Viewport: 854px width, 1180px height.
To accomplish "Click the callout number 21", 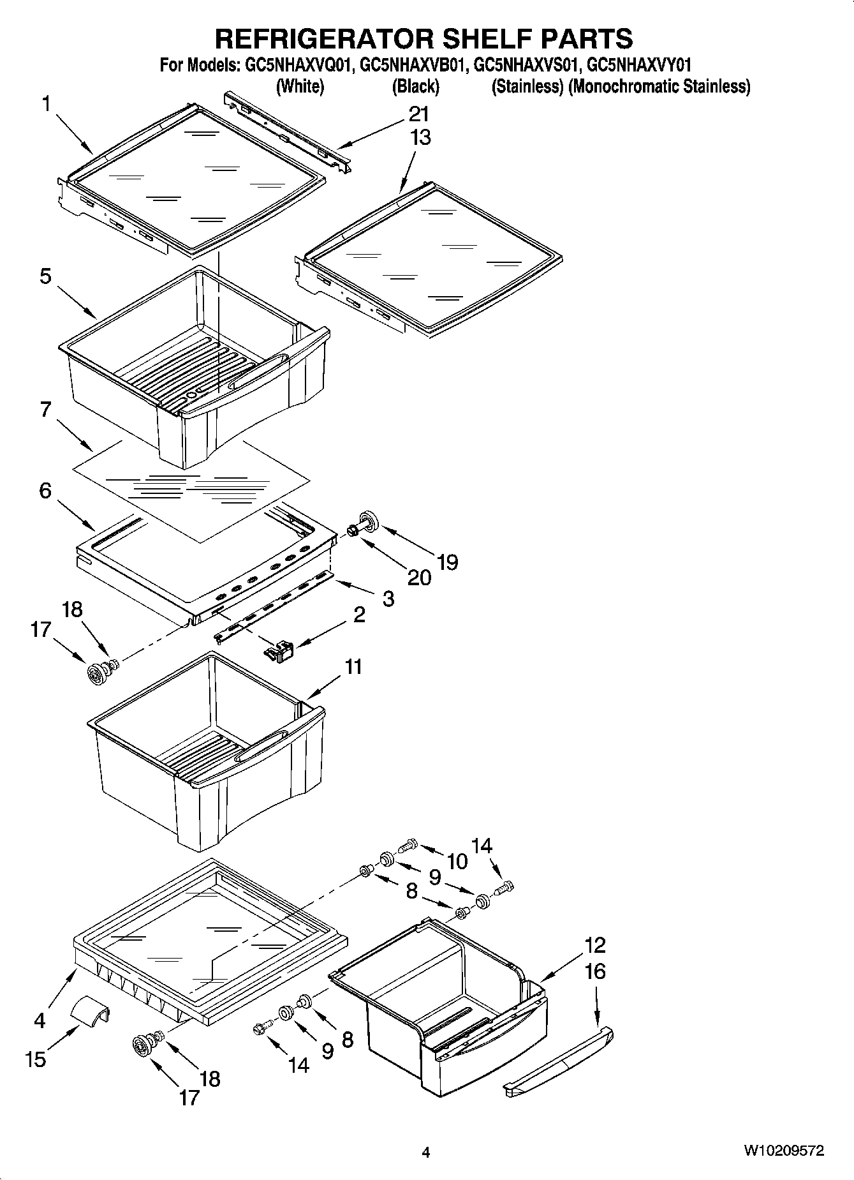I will pyautogui.click(x=419, y=115).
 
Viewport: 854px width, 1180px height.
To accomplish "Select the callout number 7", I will pyautogui.click(x=45, y=409).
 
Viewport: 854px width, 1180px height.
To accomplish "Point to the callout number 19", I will pyautogui.click(x=448, y=562).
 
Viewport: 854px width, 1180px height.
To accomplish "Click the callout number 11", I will pyautogui.click(x=353, y=666).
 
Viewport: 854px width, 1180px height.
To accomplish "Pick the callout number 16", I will pyautogui.click(x=594, y=972).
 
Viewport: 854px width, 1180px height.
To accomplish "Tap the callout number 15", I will pyautogui.click(x=36, y=1060).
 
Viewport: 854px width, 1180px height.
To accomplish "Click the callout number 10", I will pyautogui.click(x=457, y=862).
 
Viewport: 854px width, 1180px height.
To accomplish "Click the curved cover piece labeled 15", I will pyautogui.click(x=89, y=1011).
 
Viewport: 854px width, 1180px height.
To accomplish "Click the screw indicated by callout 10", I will pyautogui.click(x=406, y=846).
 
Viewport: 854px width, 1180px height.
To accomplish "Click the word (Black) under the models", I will pyautogui.click(x=415, y=87).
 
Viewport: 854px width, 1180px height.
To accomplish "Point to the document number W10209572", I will pyautogui.click(x=783, y=1151).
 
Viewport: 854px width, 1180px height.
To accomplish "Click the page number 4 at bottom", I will pyautogui.click(x=425, y=1153).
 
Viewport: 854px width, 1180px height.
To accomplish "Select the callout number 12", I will pyautogui.click(x=594, y=945).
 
